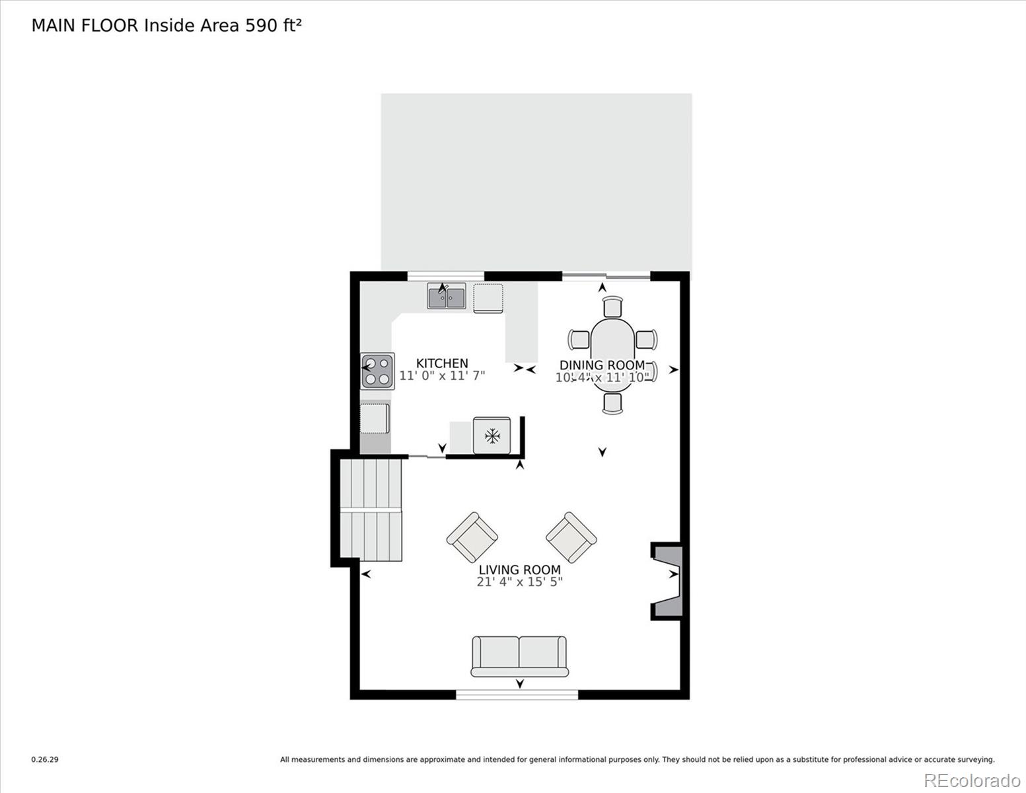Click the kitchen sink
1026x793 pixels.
[447, 297]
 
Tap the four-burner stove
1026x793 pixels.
[377, 371]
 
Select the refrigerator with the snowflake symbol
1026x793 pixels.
[492, 435]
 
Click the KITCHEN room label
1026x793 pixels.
[442, 363]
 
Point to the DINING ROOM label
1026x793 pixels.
[602, 365]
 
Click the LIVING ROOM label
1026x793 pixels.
[519, 570]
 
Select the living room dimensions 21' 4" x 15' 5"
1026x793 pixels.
[519, 582]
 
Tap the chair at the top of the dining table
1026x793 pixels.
[613, 307]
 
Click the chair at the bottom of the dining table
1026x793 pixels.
[613, 403]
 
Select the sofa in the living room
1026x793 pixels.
[519, 656]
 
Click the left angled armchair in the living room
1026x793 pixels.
[472, 537]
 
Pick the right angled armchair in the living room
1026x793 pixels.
[571, 537]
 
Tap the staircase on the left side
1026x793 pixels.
[371, 510]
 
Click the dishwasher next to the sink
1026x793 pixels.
[488, 297]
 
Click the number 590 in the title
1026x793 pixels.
[259, 25]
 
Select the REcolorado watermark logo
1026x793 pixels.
[971, 780]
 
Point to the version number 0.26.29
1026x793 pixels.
[45, 760]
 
